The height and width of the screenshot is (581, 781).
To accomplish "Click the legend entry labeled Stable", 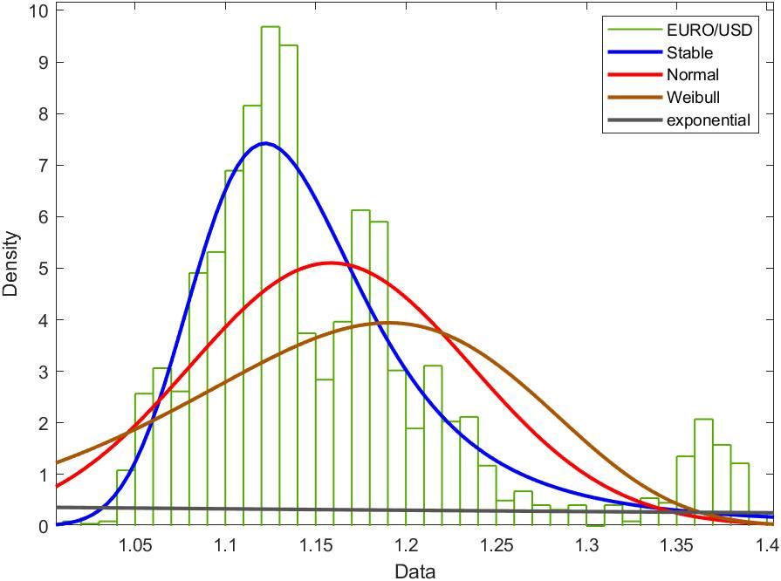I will point(689,53).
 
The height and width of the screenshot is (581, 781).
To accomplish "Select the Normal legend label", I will point(692,75).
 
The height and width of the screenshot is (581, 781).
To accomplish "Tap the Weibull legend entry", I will point(693,97).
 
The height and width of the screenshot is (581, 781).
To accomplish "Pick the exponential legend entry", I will point(708,120).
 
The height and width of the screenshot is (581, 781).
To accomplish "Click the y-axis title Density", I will point(11,263).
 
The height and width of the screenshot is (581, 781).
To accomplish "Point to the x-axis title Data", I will point(414,571).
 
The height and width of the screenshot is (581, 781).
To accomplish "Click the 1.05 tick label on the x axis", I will point(135,545).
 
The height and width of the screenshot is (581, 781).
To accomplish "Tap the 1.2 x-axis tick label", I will point(406,545).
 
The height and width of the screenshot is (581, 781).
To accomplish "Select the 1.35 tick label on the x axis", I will point(677,545).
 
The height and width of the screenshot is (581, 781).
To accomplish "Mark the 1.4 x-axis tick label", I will point(766,545).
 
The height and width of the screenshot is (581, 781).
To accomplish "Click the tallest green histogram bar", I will point(270,262).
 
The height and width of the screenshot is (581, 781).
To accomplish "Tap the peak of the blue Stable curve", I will point(264,143).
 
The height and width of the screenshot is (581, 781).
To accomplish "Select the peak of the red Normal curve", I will point(329,263).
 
